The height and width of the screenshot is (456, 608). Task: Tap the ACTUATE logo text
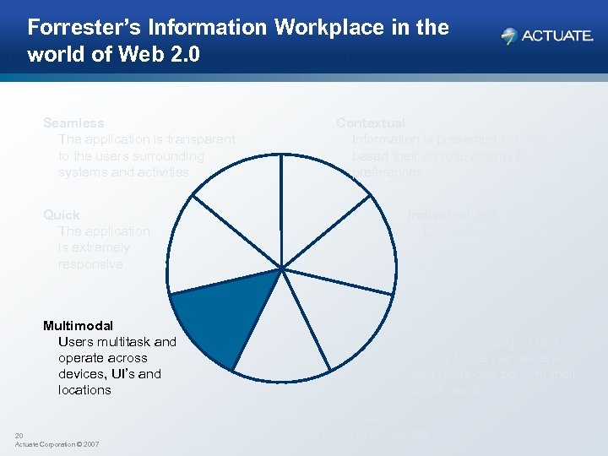pyautogui.click(x=557, y=36)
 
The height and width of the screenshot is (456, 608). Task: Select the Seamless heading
pyautogui.click(x=73, y=123)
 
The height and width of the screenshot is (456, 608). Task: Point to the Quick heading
pyautogui.click(x=62, y=215)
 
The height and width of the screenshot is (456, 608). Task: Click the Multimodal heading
pyautogui.click(x=78, y=325)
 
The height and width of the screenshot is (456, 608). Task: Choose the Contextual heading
pyautogui.click(x=371, y=123)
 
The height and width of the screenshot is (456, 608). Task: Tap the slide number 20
pyautogui.click(x=19, y=436)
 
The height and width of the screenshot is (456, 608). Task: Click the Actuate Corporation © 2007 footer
pyautogui.click(x=57, y=444)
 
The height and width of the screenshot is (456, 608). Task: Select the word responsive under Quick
pyautogui.click(x=90, y=264)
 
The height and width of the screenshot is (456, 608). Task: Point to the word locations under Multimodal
pyautogui.click(x=84, y=390)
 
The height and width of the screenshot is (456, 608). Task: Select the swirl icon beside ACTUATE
pyautogui.click(x=508, y=36)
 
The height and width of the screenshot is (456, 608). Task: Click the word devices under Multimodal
pyautogui.click(x=82, y=374)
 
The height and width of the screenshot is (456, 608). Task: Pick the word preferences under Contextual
pyautogui.click(x=388, y=172)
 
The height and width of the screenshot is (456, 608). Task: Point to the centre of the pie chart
pyautogui.click(x=280, y=270)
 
